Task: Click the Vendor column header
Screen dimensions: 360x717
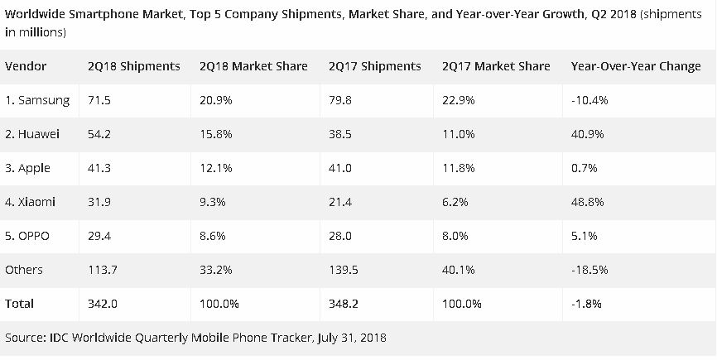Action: pos(26,66)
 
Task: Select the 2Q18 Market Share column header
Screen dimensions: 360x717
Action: pos(253,66)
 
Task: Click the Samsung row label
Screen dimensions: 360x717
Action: pos(37,100)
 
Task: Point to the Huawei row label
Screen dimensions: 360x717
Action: pos(34,134)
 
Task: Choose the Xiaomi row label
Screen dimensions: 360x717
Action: pos(31,202)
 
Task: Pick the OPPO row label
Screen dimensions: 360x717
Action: pos(28,236)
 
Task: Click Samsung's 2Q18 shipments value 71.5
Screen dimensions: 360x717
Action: pos(99,100)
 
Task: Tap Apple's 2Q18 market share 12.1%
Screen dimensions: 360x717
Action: pos(215,168)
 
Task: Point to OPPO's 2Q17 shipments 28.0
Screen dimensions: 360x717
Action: pos(341,236)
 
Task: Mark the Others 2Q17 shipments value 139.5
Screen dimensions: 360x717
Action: pos(344,270)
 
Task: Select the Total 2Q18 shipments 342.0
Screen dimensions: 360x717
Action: pos(103,304)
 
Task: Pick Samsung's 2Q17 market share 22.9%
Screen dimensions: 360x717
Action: pos(460,100)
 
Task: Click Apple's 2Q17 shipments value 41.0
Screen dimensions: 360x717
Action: pos(341,168)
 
